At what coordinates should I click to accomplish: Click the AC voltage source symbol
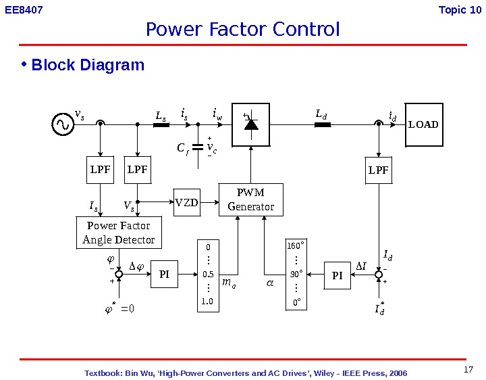point(63,124)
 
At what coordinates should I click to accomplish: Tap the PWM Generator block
point(250,199)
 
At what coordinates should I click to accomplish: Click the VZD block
point(187,202)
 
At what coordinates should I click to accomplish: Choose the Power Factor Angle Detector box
point(118,233)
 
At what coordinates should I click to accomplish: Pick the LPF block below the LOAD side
point(379,170)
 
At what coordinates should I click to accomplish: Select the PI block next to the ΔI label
point(337,275)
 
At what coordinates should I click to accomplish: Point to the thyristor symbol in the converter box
point(251,124)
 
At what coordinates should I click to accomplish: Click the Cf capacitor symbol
point(198,147)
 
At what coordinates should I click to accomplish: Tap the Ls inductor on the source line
point(161,124)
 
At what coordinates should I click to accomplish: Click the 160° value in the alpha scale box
point(296,246)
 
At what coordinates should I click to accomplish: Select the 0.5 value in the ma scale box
point(208,275)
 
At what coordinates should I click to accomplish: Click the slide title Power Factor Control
point(243,30)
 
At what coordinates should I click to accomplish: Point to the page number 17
point(469,369)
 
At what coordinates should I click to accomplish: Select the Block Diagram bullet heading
point(88,65)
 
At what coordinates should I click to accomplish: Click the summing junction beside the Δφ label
point(119,275)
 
